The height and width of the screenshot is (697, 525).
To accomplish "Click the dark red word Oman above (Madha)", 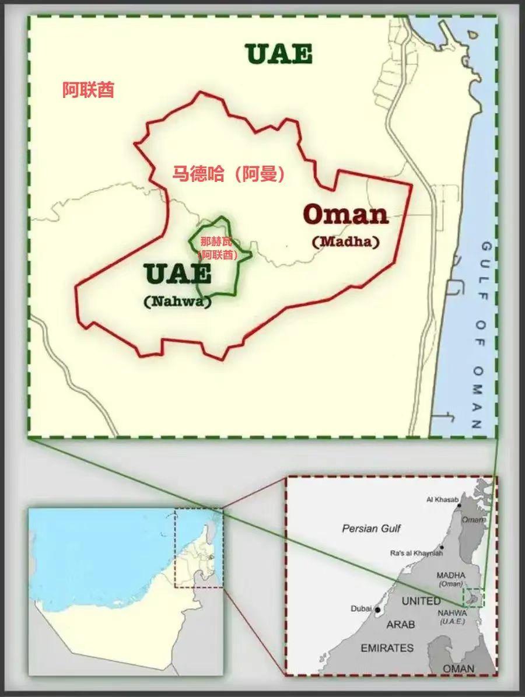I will (x=346, y=215).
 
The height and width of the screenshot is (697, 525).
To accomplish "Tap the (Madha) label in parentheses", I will (x=346, y=241).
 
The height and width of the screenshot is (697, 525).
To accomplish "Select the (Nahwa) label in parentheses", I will (x=177, y=302).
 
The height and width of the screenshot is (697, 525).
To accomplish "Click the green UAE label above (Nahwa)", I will (x=177, y=274).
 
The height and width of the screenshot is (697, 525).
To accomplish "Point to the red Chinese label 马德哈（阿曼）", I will (x=229, y=174).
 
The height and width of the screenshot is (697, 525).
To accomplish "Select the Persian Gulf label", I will (x=372, y=528).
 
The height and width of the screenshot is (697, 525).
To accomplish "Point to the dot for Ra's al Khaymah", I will (x=443, y=547).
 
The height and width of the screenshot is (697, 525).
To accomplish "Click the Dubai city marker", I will (x=377, y=610).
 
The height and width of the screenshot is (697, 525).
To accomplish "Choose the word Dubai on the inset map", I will (x=361, y=608).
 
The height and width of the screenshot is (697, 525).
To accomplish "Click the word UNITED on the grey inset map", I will (x=421, y=601).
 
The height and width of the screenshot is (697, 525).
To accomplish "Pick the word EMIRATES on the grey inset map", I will (x=387, y=648).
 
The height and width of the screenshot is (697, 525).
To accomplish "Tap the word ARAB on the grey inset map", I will (x=401, y=624).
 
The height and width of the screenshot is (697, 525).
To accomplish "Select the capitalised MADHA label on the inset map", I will (x=451, y=576).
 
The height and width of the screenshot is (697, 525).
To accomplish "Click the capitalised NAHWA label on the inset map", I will (x=452, y=613).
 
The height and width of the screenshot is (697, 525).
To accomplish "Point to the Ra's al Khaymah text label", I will (x=414, y=552).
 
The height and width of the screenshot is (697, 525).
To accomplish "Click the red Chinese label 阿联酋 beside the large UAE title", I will (x=88, y=90).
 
